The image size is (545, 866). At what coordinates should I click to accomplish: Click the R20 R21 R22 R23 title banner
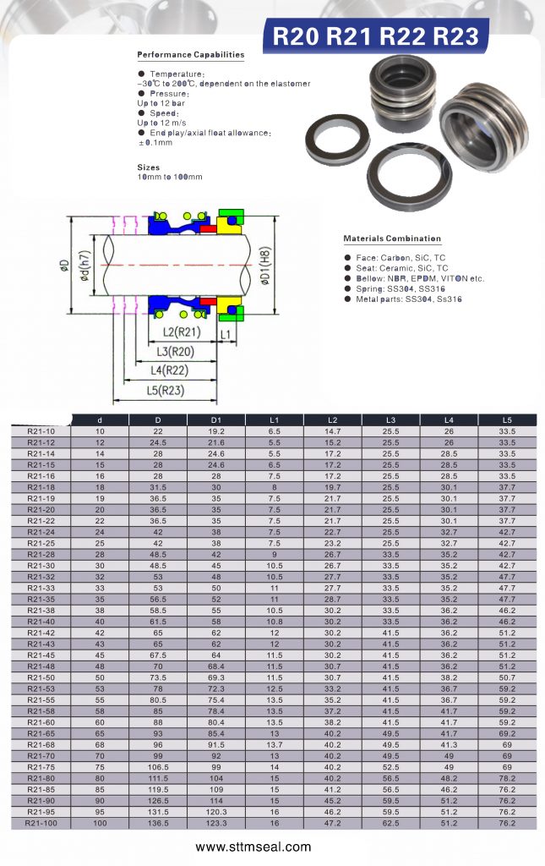coord(376,36)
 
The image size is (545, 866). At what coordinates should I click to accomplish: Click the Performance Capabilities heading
coord(191,55)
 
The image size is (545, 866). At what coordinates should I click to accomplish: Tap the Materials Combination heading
coord(392,238)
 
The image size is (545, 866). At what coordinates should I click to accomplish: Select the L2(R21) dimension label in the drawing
coord(182,332)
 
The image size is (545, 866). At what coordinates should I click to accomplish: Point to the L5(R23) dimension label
coord(166,391)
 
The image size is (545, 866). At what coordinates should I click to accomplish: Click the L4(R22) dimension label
coord(169,370)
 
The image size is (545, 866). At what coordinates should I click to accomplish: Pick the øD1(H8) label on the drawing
coord(264,266)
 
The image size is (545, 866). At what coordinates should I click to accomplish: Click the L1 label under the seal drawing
coord(225,335)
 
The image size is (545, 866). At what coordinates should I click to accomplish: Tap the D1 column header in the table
coord(216,420)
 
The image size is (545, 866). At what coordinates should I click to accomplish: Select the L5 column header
coord(507,420)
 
